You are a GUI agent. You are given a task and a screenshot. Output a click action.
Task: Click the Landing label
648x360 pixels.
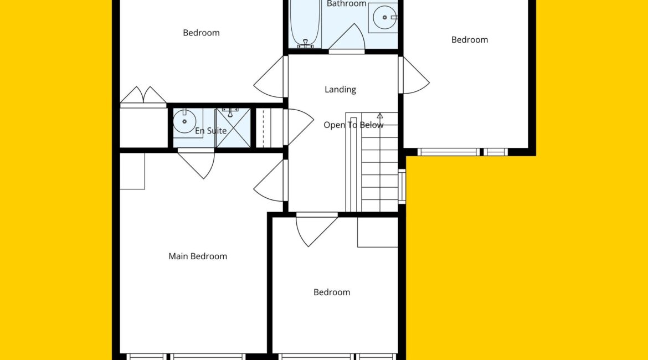click(x=340, y=89)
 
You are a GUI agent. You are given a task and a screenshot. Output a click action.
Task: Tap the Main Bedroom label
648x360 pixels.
click(x=198, y=256)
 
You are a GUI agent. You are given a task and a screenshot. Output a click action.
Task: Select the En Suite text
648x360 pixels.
click(x=211, y=131)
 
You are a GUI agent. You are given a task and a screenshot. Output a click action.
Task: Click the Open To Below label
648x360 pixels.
click(x=353, y=125)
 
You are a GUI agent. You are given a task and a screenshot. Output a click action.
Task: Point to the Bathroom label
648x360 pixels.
click(x=346, y=4)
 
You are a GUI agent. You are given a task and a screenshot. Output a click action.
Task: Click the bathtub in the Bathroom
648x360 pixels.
click(x=305, y=24)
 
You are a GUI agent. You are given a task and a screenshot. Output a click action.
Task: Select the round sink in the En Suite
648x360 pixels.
click(x=184, y=121)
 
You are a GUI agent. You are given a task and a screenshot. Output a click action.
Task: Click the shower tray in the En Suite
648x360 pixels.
click(x=233, y=128)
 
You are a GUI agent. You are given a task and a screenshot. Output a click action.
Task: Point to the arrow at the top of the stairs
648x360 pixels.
click(x=380, y=116)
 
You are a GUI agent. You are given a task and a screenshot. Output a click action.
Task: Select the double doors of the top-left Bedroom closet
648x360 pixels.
click(x=143, y=96)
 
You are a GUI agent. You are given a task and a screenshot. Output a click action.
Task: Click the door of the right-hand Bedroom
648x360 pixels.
click(x=414, y=75)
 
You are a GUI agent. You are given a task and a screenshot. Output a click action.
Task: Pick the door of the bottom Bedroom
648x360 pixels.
click(x=317, y=230)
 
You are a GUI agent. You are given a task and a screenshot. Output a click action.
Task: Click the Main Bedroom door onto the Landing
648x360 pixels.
click(x=270, y=181)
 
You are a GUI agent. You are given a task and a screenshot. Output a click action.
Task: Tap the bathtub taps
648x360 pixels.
click(x=305, y=43)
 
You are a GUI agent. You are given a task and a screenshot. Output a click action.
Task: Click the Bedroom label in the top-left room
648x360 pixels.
click(x=201, y=33)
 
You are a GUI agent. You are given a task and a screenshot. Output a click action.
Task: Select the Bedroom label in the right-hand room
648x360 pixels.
click(x=470, y=40)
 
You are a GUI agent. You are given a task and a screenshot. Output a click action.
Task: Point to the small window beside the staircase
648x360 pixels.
click(x=402, y=186)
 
